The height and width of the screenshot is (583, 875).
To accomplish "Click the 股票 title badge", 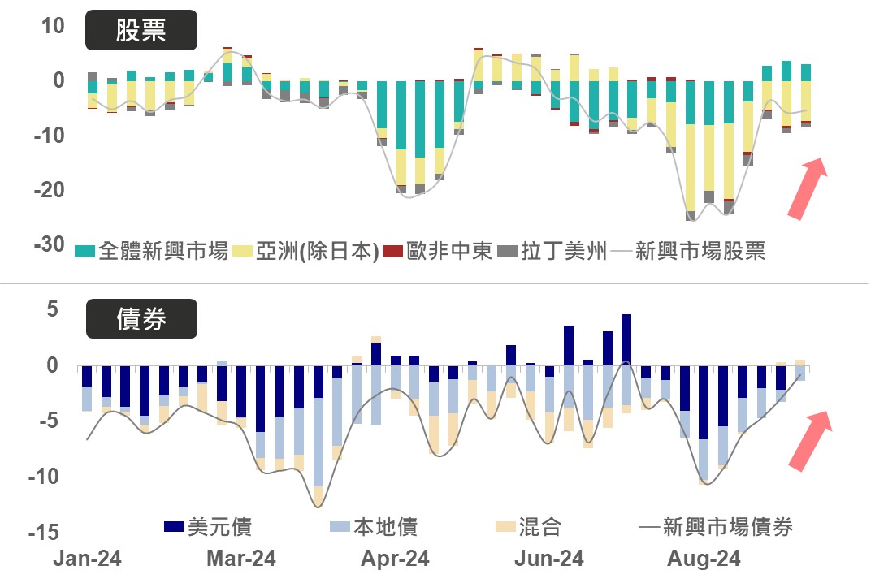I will [141, 31].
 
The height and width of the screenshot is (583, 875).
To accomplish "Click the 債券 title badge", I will [141, 319].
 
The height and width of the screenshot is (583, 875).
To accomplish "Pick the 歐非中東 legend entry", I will [438, 251].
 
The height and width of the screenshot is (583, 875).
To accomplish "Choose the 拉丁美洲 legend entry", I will [552, 251].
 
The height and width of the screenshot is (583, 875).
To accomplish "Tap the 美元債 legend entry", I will [207, 527].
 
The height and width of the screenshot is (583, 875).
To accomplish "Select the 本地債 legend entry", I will [374, 527].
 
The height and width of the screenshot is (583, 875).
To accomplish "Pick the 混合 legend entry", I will [528, 527].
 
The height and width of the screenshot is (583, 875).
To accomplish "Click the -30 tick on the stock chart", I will [48, 244].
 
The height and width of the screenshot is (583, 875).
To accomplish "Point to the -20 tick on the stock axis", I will [48, 189].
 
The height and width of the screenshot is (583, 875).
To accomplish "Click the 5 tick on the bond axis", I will [54, 309].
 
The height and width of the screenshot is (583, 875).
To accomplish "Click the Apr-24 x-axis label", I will [396, 559].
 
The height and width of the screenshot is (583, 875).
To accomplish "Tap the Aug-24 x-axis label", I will [704, 559].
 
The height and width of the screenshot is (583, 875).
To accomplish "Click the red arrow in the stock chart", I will [807, 188].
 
